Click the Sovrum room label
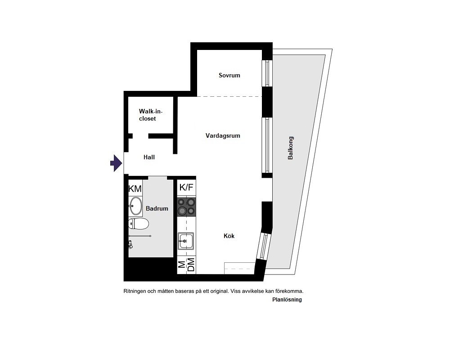coord(229,75)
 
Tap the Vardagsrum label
coord(223,135)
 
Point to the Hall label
coord(149,157)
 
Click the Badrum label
coord(157,208)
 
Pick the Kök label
coord(229,236)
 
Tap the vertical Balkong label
coord(290,148)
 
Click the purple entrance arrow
coord(116,163)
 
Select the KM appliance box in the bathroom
coord(135,189)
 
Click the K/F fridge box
coord(187,188)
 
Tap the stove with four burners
coord(187,207)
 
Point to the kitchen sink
coord(186,241)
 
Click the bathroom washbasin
coord(135,206)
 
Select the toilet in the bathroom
coord(138,223)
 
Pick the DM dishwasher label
coord(191,265)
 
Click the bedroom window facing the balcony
coord(267,73)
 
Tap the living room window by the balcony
coord(267,145)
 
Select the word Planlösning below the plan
coord(287,300)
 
